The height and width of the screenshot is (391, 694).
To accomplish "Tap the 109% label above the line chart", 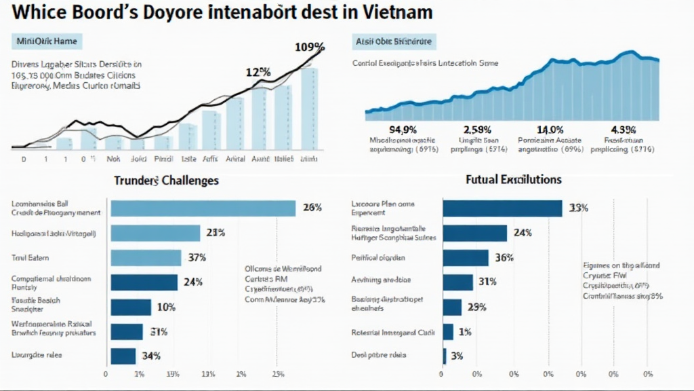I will point(310,48).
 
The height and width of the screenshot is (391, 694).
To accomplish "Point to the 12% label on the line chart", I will point(258,72).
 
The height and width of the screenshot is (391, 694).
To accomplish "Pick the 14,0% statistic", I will point(550,130).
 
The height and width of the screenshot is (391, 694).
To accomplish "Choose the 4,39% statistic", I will point(622,130).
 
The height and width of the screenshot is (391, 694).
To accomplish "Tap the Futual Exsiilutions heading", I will point(514,180).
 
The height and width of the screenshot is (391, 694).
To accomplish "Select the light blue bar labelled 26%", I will point(203,208).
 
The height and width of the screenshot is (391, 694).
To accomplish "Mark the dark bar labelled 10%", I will point(131,307).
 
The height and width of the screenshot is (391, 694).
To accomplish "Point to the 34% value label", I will point(151,356).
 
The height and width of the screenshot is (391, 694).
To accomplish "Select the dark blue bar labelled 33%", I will point(502,208).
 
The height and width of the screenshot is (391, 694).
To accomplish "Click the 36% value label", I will point(505,258).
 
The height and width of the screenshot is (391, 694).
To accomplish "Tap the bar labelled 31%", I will point(457,282).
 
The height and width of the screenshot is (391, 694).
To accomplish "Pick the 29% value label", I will point(477,307).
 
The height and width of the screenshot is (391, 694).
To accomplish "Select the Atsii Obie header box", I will point(393,42).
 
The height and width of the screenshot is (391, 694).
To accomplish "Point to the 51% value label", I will point(159,331).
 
